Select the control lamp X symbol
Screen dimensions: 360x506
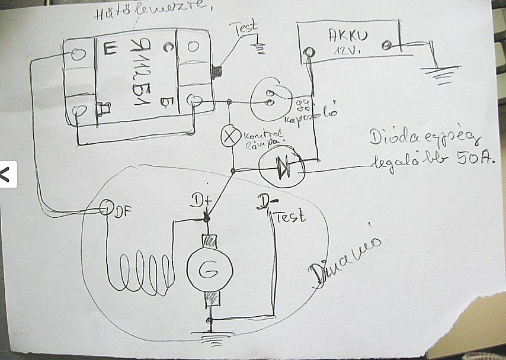229,136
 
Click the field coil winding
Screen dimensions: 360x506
139,274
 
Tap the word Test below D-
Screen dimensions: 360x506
291,216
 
